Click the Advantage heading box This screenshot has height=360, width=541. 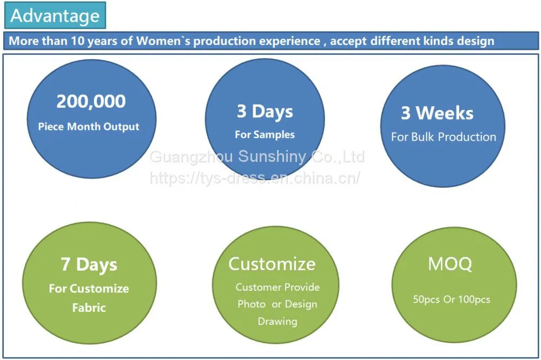pyautogui.click(x=55, y=16)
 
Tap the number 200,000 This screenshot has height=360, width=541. pyautogui.click(x=91, y=101)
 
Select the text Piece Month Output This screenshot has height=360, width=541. pyautogui.click(x=89, y=127)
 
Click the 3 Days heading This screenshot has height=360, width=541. pyautogui.click(x=265, y=112)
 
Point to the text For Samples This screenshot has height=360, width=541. pyautogui.click(x=265, y=135)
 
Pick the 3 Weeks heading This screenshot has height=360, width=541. pyautogui.click(x=437, y=113)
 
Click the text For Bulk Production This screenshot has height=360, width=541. pyautogui.click(x=444, y=137)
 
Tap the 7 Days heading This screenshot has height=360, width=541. pyautogui.click(x=89, y=264)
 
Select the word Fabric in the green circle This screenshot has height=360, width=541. pyautogui.click(x=89, y=307)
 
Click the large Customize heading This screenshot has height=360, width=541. pyautogui.click(x=272, y=264)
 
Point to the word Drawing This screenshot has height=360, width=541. pyautogui.click(x=278, y=322)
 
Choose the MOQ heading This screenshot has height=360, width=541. pyautogui.click(x=450, y=264)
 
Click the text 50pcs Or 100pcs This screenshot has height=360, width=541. pyautogui.click(x=452, y=299)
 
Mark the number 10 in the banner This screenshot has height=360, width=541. pyautogui.click(x=77, y=41)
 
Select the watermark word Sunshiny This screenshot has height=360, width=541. pyautogui.click(x=272, y=157)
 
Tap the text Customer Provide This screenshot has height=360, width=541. pyautogui.click(x=278, y=287)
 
